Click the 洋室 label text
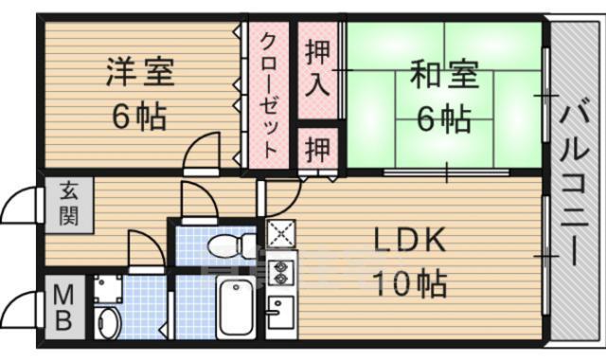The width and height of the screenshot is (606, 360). click(x=140, y=74)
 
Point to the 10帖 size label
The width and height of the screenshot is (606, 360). click(x=410, y=281)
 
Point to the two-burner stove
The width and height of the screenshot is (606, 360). click(x=282, y=273)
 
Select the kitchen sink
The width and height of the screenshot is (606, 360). click(x=280, y=309)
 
